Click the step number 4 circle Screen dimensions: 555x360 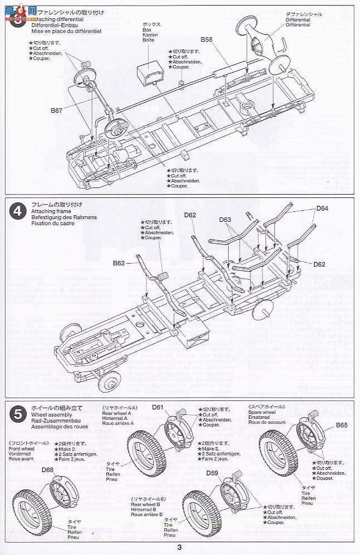pyautogui.click(x=18, y=211)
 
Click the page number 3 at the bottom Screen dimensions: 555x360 pyautogui.click(x=179, y=547)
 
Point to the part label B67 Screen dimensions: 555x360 pyautogui.click(x=57, y=111)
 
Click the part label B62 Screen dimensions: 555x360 pyautogui.click(x=120, y=262)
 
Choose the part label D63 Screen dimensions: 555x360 pyautogui.click(x=225, y=220)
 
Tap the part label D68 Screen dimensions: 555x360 pyautogui.click(x=48, y=470)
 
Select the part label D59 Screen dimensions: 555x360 pyautogui.click(x=212, y=473)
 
